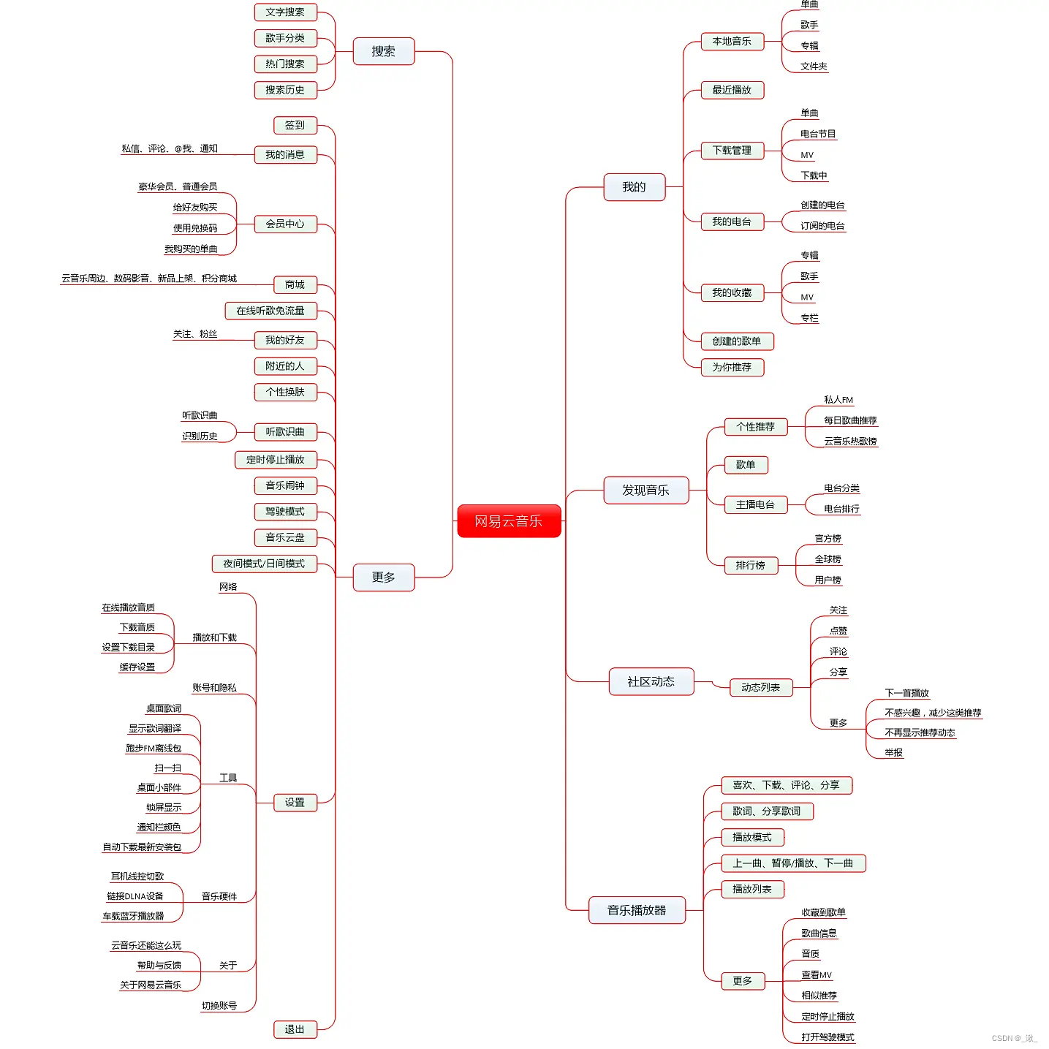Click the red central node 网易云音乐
click(x=509, y=521)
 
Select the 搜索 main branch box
click(x=384, y=51)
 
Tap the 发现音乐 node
click(x=645, y=490)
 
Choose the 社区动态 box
click(x=651, y=681)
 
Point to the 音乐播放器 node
click(x=637, y=910)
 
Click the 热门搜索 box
click(x=285, y=64)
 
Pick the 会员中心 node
click(x=285, y=224)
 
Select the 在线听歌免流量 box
click(x=270, y=311)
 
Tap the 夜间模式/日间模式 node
click(x=264, y=564)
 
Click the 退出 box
click(x=295, y=1029)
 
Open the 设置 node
click(x=295, y=803)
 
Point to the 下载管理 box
click(x=732, y=151)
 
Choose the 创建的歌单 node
click(x=736, y=341)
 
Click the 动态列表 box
click(x=760, y=687)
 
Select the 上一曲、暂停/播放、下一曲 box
click(x=793, y=863)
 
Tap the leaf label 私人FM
click(x=838, y=400)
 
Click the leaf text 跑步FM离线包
click(x=154, y=749)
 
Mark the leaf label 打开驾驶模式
click(x=828, y=1037)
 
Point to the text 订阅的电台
click(x=822, y=226)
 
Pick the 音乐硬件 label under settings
click(x=219, y=896)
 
